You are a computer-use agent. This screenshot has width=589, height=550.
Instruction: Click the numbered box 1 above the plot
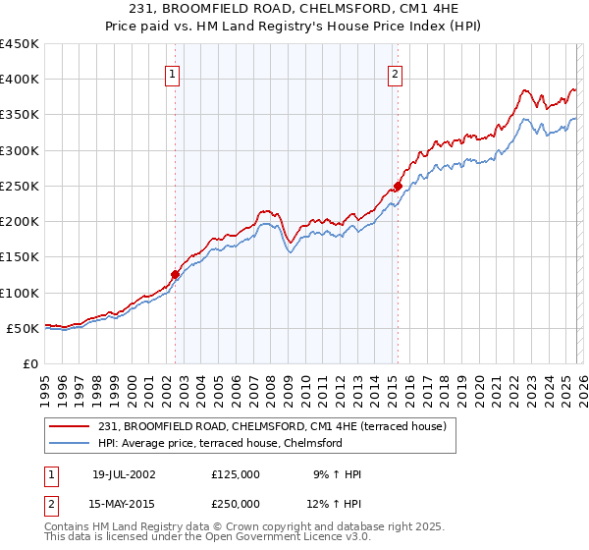(x=172, y=73)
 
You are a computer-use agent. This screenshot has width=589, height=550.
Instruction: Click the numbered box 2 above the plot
(x=395, y=73)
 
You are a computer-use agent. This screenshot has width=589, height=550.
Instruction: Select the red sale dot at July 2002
(x=176, y=275)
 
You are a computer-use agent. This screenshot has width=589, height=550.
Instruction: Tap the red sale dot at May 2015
(x=398, y=186)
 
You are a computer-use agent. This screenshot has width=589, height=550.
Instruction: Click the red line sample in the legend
(x=71, y=426)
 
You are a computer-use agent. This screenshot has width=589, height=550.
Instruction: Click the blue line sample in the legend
(x=71, y=443)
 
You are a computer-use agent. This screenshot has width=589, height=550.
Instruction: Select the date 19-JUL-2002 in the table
(x=124, y=474)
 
